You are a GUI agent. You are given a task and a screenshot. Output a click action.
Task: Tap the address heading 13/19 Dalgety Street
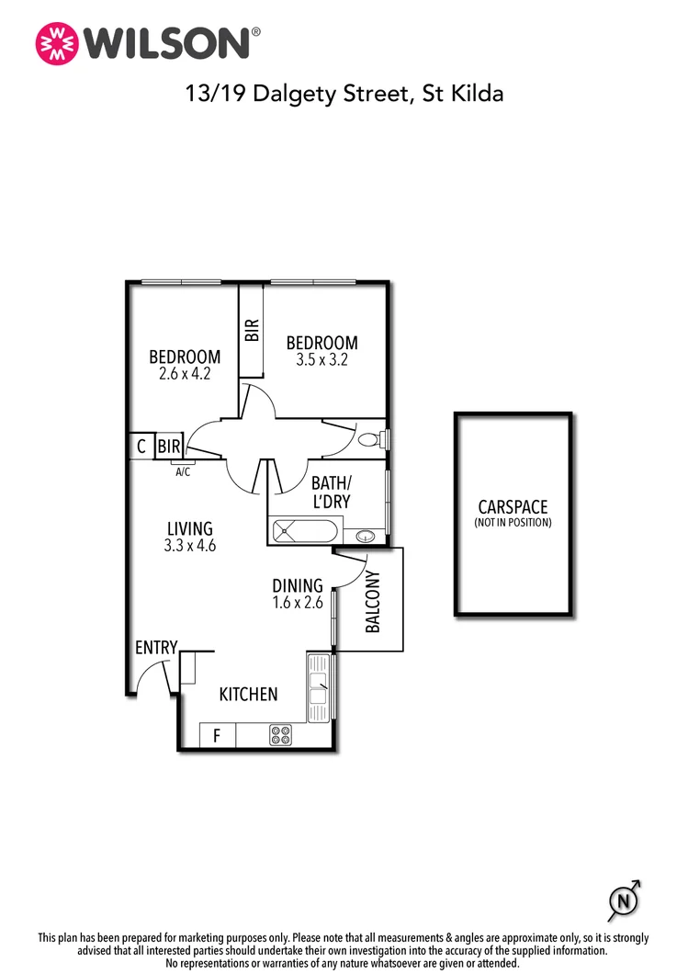(x=344, y=93)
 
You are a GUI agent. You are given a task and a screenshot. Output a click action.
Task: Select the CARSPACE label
(x=513, y=507)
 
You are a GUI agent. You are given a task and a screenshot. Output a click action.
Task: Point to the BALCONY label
(x=373, y=603)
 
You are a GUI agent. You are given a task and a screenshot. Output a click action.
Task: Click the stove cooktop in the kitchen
(x=280, y=735)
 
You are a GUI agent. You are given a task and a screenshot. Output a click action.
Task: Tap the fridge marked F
(x=217, y=735)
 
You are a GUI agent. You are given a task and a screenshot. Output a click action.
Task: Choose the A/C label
(x=183, y=472)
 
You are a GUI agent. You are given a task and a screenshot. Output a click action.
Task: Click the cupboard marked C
(x=141, y=447)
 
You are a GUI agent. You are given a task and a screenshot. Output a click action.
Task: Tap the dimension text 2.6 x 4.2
(x=185, y=375)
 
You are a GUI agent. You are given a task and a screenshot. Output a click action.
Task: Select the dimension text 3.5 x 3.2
(x=321, y=360)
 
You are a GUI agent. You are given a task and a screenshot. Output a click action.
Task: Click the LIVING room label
(x=190, y=528)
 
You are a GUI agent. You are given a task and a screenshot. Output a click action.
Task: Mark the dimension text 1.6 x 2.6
(x=298, y=604)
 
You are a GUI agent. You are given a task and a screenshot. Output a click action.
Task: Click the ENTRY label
(x=155, y=648)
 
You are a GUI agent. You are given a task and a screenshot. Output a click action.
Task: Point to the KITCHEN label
(x=248, y=694)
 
